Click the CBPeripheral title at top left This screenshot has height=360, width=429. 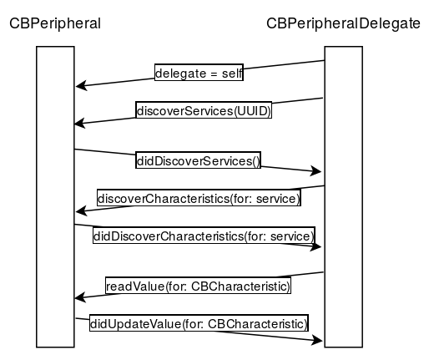pos(55,23)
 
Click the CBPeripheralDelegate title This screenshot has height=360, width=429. pos(343,23)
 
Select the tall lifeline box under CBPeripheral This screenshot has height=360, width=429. pos(55,197)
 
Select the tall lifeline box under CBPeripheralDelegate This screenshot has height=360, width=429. pos(344,197)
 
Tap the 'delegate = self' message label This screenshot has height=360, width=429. pos(199,73)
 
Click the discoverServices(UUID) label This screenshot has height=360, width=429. pos(204,110)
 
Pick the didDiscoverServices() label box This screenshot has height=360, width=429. pos(198,160)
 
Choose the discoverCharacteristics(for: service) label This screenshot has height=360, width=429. pos(199,198)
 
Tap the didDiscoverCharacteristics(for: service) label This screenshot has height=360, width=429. pos(204,236)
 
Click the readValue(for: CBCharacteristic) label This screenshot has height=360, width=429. pos(198,286)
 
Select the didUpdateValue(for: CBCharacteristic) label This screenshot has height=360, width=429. pos(199,323)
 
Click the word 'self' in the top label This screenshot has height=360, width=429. pos(232,74)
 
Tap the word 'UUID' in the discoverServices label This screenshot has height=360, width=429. pos(252,111)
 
